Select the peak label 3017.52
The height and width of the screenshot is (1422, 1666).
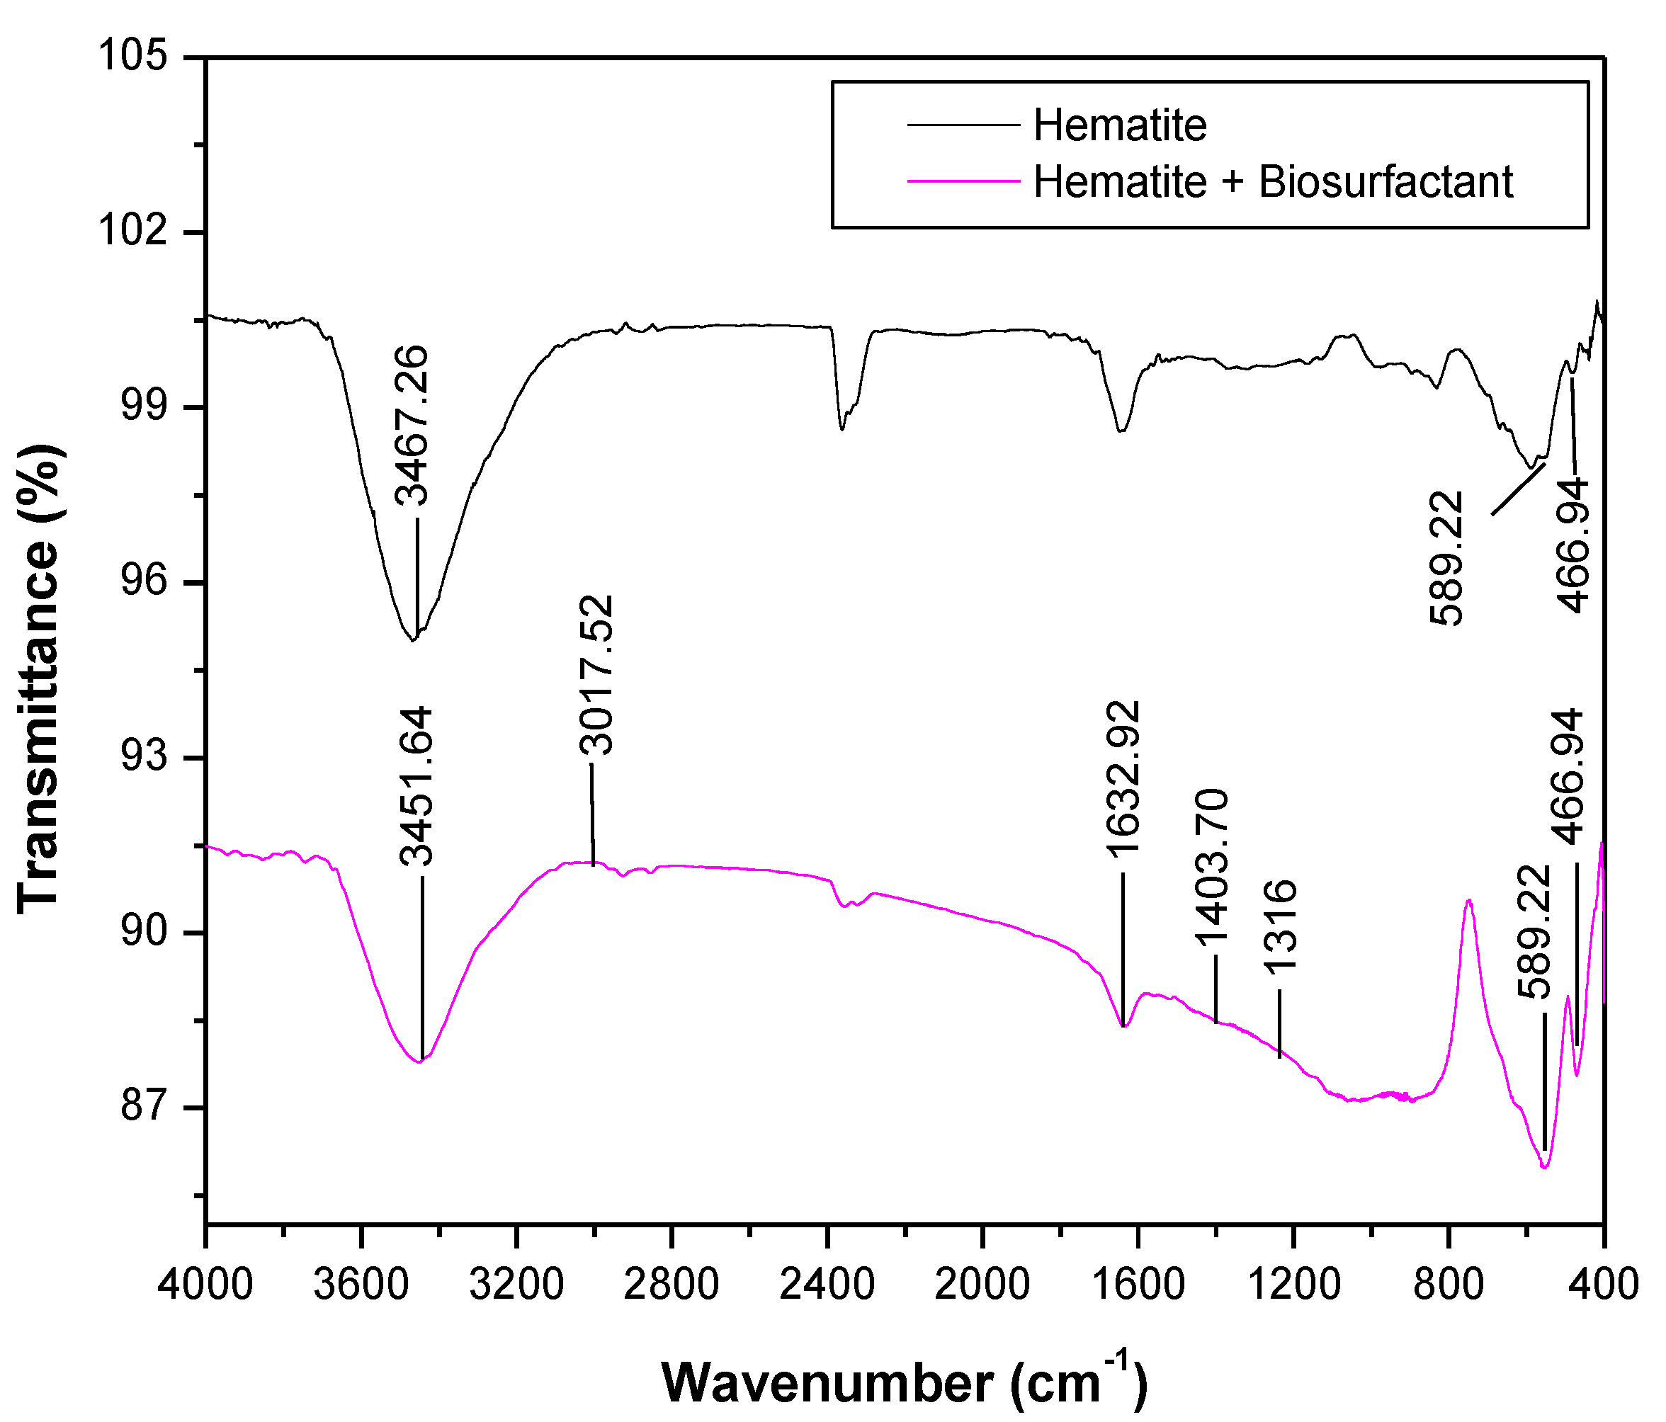(596, 674)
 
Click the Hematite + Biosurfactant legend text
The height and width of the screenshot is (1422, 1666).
(1273, 182)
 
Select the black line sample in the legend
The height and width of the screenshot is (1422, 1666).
(963, 125)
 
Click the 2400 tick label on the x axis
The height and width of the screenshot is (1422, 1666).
(827, 1284)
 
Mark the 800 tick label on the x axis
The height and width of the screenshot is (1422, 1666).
(1448, 1284)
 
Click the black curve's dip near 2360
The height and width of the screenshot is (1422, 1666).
(841, 428)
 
